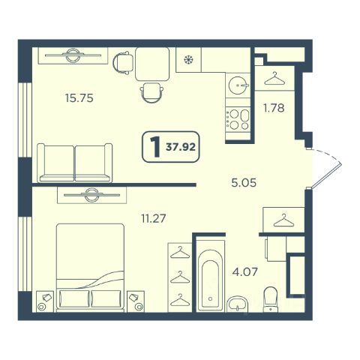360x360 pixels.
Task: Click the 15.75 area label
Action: (79, 98)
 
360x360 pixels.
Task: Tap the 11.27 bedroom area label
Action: (154, 218)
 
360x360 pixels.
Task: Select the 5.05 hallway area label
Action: (244, 183)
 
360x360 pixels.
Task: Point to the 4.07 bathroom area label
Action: (244, 271)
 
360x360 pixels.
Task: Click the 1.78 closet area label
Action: (274, 108)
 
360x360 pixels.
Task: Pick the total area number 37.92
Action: (181, 147)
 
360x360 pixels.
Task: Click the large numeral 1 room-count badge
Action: (155, 147)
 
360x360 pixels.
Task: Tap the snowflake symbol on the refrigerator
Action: (188, 60)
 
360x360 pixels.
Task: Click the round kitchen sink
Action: (238, 85)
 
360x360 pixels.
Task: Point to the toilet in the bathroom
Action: (271, 299)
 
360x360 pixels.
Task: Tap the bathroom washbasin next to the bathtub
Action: (237, 304)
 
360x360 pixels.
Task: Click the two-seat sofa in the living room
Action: (75, 163)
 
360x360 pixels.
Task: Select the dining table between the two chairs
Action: (152, 64)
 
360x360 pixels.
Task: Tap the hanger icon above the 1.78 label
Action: (274, 79)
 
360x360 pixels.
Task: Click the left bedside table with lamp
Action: (45, 301)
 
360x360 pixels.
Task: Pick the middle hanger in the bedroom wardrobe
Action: (180, 277)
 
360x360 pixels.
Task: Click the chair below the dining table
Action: (151, 92)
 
